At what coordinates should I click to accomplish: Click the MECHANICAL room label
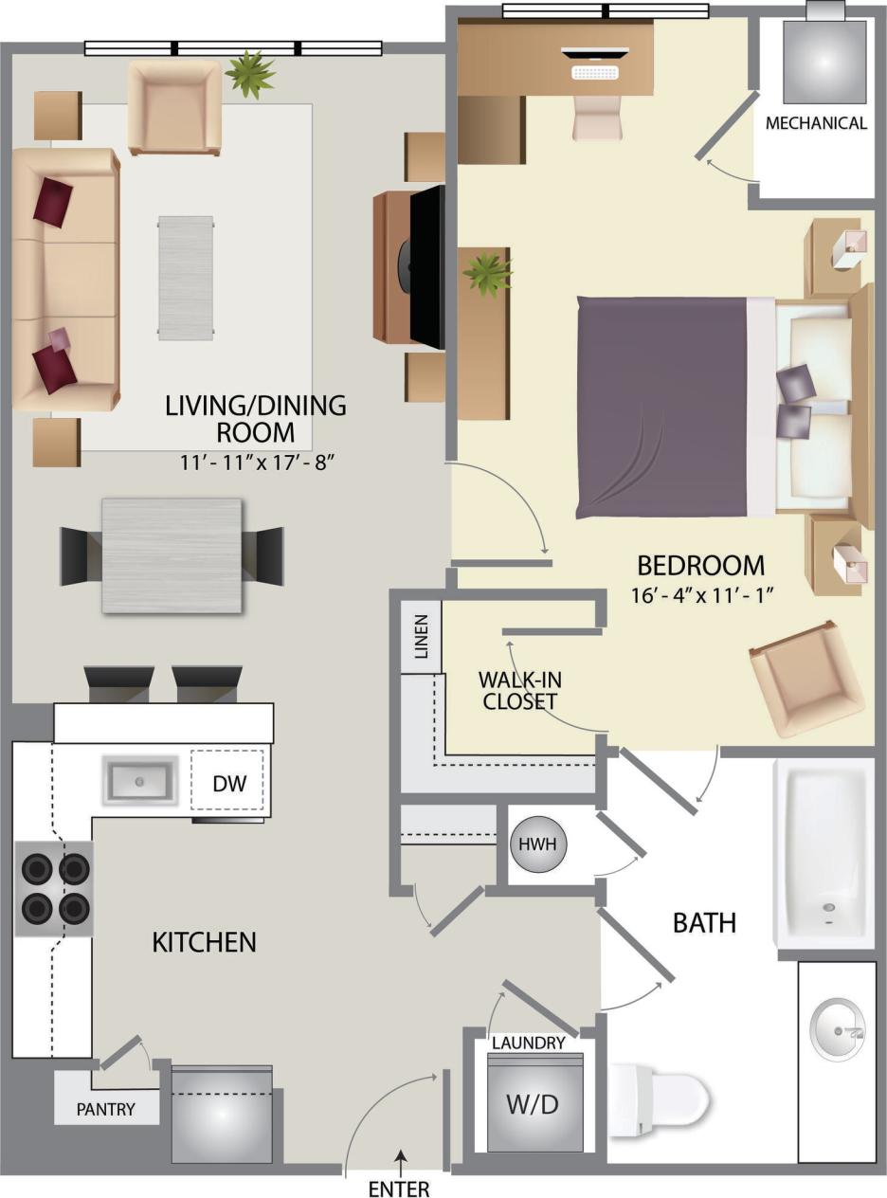point(816,123)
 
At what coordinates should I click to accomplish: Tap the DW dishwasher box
point(228,783)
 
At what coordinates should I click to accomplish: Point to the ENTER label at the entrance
point(400,1188)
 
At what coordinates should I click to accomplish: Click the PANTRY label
point(106,1109)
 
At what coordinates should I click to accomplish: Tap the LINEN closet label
point(422,637)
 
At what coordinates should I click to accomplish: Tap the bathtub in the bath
point(824,853)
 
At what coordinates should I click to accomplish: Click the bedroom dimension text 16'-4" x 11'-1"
point(701,596)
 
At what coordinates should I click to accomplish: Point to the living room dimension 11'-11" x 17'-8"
point(255,463)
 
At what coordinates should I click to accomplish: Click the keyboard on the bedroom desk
point(595,72)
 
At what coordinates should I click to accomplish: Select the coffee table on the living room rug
point(186,278)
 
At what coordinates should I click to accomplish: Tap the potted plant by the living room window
point(250,74)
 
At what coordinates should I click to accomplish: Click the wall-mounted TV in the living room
point(426,268)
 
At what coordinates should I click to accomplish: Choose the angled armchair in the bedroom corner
point(806,679)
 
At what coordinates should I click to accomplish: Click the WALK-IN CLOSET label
point(516,690)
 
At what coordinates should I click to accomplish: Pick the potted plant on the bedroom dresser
point(487,274)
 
